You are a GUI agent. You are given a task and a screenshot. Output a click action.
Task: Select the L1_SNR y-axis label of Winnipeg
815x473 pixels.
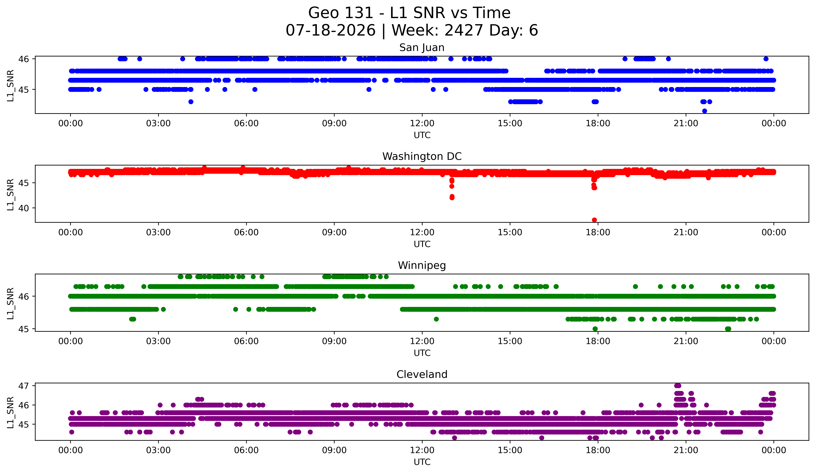pyautogui.click(x=10, y=303)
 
